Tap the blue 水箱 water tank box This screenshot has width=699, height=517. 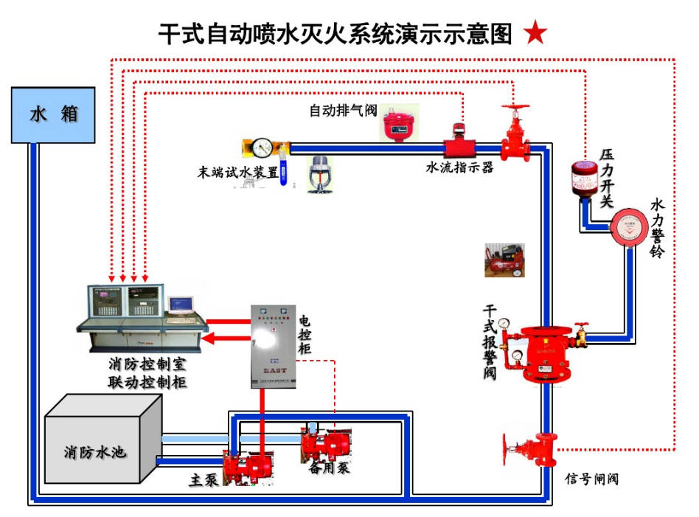tap(53, 114)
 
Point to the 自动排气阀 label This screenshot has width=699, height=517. tap(342, 111)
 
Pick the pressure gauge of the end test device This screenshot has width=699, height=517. tap(261, 148)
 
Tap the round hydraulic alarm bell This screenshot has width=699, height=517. tap(628, 226)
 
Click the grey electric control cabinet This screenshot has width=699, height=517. tap(273, 345)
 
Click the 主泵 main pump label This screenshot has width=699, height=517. tap(204, 479)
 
